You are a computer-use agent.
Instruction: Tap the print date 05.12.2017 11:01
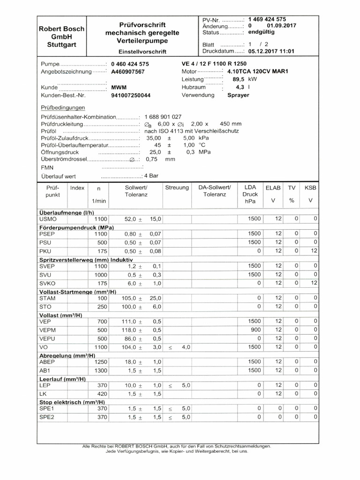(271, 52)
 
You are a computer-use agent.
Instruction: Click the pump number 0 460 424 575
(130, 64)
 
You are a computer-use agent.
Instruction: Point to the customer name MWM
(119, 87)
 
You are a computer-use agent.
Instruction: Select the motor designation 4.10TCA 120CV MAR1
(257, 72)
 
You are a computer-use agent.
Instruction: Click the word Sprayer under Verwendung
(238, 95)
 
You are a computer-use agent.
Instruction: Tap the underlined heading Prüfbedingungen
(63, 108)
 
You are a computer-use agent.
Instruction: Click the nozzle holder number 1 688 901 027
(163, 116)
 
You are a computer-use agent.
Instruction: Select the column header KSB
(310, 187)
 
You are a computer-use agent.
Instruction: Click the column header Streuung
(177, 187)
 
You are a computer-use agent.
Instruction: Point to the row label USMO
(48, 219)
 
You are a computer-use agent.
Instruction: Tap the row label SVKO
(48, 284)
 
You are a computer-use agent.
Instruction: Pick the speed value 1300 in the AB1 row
(101, 370)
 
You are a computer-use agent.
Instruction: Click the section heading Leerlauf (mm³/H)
(62, 379)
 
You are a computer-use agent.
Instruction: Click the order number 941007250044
(131, 95)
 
